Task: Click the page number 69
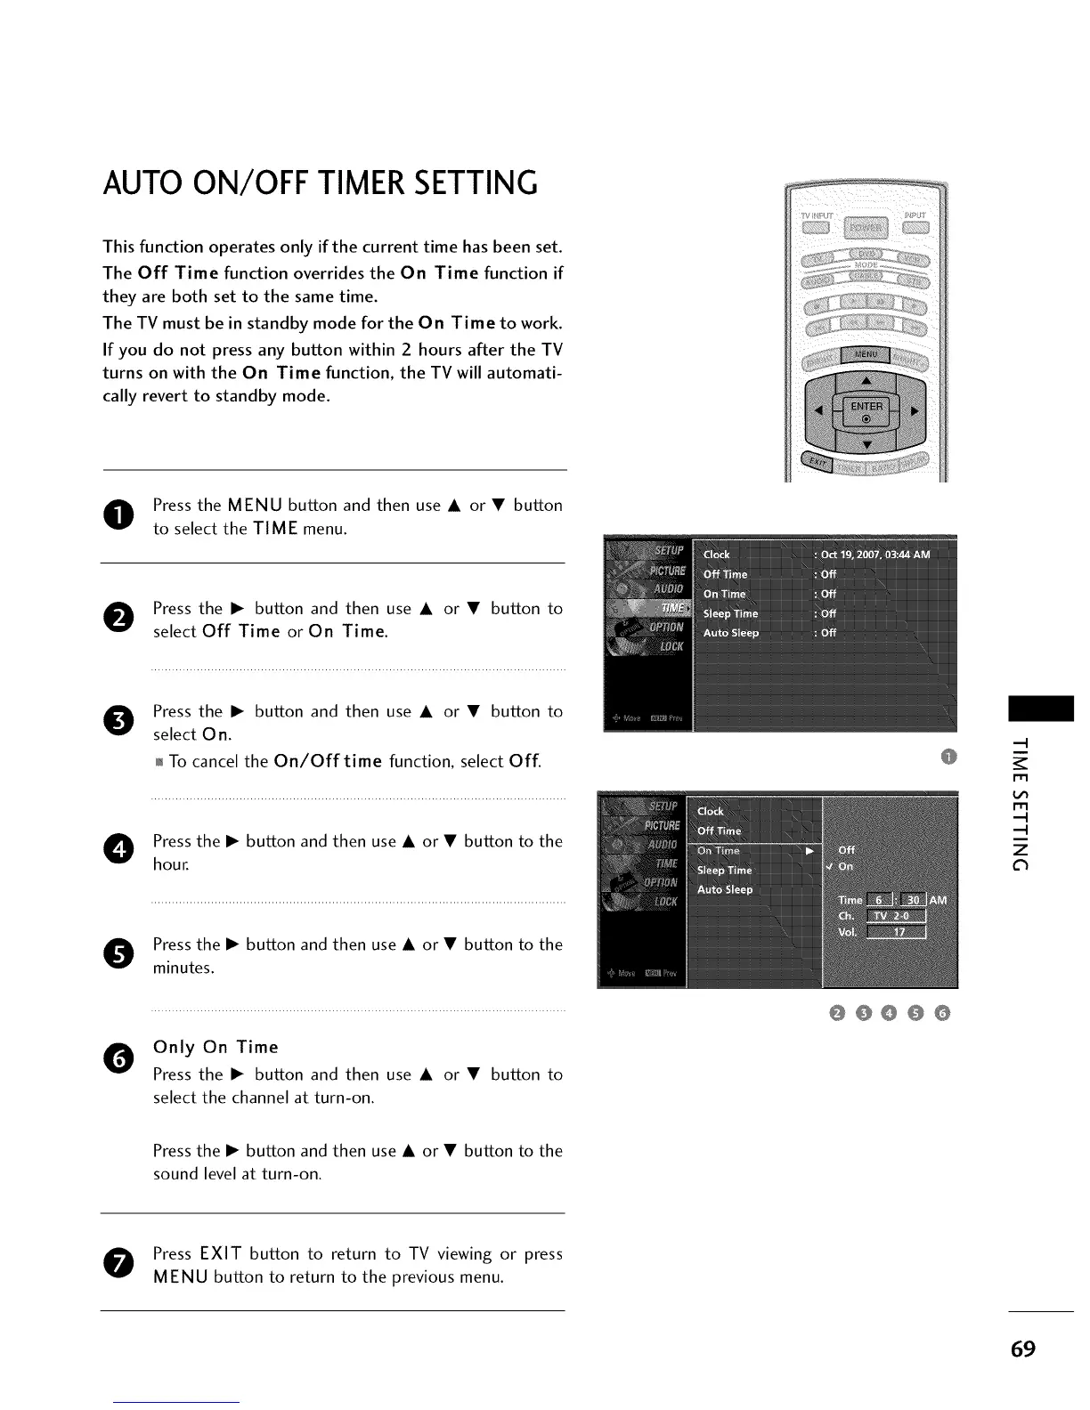[x=1023, y=1349]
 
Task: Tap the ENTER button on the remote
[x=866, y=410]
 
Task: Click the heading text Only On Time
[x=216, y=1047]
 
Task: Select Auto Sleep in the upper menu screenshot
[x=731, y=633]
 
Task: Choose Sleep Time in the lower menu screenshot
[x=724, y=871]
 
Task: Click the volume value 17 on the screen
[x=899, y=933]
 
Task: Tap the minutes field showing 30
[x=913, y=900]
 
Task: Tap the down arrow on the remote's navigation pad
[x=867, y=444]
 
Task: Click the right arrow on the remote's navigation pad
[x=915, y=410]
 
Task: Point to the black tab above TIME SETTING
[x=1041, y=709]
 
